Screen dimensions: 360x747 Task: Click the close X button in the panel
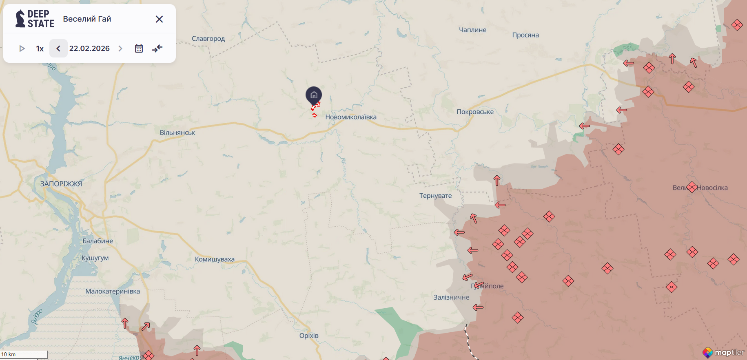tap(159, 19)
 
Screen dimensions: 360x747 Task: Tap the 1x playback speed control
tap(40, 49)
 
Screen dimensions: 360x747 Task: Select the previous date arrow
tap(58, 49)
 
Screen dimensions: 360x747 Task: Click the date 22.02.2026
tap(89, 49)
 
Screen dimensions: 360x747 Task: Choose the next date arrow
tap(120, 49)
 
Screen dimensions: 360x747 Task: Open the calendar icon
tap(139, 49)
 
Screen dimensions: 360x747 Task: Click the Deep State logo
tap(35, 19)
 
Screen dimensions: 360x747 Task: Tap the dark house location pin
tap(314, 95)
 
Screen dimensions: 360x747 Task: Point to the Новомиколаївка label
tap(350, 117)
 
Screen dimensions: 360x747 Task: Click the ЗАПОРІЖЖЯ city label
tap(61, 184)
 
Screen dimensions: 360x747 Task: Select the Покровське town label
tap(475, 112)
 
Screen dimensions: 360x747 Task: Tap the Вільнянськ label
tap(177, 133)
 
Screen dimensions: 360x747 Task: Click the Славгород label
tap(208, 39)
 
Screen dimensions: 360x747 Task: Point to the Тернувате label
tap(435, 196)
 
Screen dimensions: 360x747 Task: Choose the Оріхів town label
tap(309, 336)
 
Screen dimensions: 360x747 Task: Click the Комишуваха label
tap(215, 259)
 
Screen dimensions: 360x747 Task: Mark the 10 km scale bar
tap(24, 355)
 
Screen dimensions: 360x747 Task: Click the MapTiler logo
tap(723, 352)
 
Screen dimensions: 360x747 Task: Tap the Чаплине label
tap(472, 30)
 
